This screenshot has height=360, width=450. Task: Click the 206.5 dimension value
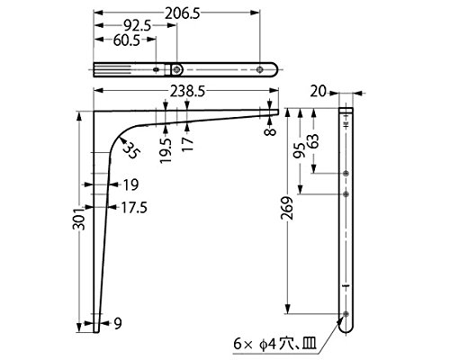tap(183, 13)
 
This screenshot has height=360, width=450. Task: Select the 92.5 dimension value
tap(137, 26)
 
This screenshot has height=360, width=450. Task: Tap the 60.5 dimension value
tap(127, 40)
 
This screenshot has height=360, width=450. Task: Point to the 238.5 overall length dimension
tap(187, 92)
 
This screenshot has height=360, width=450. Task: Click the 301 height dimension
tap(79, 218)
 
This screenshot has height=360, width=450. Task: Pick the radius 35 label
tap(131, 150)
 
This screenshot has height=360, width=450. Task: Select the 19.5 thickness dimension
tap(166, 150)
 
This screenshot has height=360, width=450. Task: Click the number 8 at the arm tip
tap(271, 132)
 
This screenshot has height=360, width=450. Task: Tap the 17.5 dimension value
tap(134, 208)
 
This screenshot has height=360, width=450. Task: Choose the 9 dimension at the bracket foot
tap(118, 323)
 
